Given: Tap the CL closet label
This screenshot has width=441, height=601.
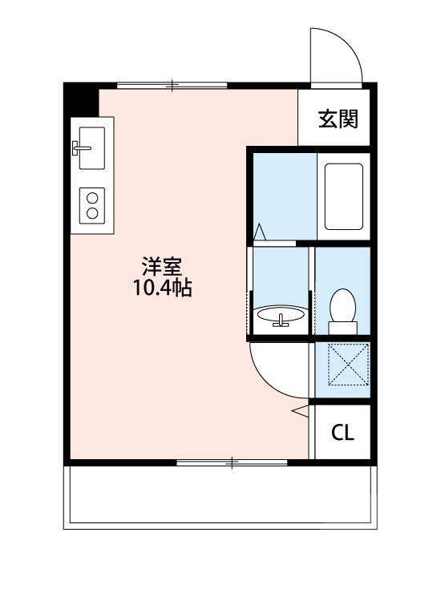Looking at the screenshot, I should tap(342, 433).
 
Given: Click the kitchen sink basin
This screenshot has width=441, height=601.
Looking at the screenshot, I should tap(92, 147).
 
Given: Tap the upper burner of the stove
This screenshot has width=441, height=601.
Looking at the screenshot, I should tap(91, 196).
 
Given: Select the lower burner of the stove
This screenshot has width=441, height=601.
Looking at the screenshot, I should tap(91, 212).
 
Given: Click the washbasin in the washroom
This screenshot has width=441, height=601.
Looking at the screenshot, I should tap(280, 315).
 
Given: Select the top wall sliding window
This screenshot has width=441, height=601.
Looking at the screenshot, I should tap(172, 84).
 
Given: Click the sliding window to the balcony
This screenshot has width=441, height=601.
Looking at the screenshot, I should tap(233, 462).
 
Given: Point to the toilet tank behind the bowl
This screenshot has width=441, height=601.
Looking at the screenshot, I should tap(342, 326).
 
